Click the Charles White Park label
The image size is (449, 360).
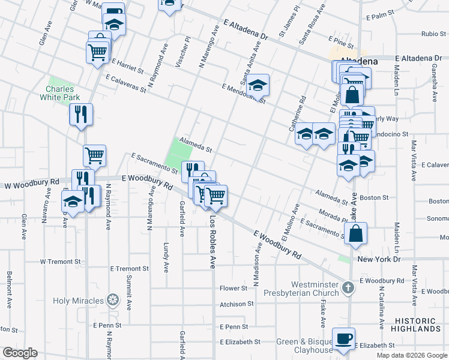click(60, 92)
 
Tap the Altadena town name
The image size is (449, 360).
click(359, 61)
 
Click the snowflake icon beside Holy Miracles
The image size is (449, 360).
click(112, 300)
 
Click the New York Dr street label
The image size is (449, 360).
click(378, 259)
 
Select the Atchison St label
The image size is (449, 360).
click(232, 304)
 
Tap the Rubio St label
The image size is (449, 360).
click(433, 34)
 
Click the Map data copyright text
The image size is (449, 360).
click(411, 355)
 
